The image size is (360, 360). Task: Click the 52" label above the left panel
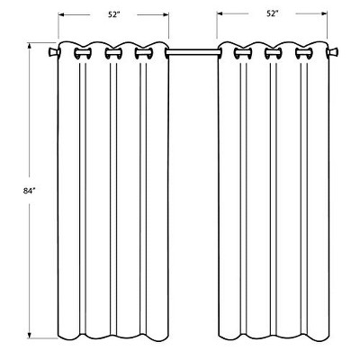[x=113, y=15]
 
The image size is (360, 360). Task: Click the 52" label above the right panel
[x=272, y=15]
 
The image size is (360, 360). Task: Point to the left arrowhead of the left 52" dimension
[x=60, y=15]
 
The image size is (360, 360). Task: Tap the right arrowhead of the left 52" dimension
[x=167, y=15]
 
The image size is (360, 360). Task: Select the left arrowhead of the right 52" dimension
[x=219, y=15]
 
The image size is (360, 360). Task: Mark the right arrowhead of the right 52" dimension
[x=326, y=15]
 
